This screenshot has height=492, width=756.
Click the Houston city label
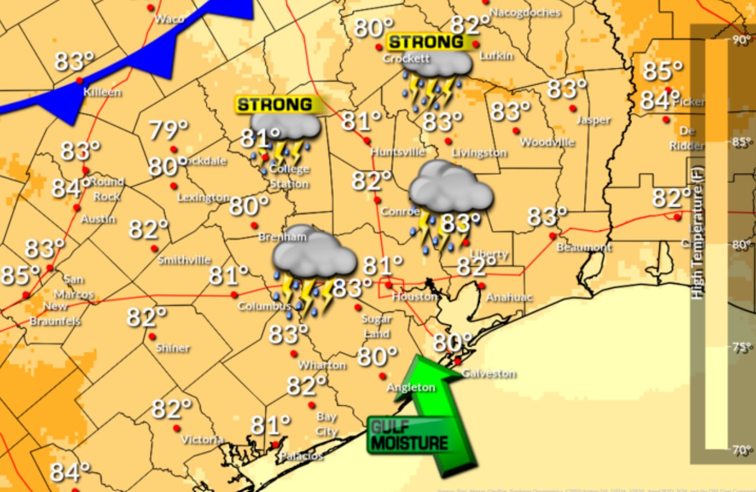414,296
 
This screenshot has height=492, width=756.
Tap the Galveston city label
490,373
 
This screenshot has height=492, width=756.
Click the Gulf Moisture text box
409,436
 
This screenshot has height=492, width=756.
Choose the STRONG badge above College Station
275,104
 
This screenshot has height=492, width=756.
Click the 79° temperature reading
169,130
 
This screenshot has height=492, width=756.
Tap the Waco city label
169,19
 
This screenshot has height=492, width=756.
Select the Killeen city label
102,92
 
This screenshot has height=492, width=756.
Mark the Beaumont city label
584,247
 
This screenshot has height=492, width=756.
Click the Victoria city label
202,440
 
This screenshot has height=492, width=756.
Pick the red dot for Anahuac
481,285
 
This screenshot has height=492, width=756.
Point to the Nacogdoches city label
525,12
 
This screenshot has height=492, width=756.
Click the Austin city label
98,219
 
